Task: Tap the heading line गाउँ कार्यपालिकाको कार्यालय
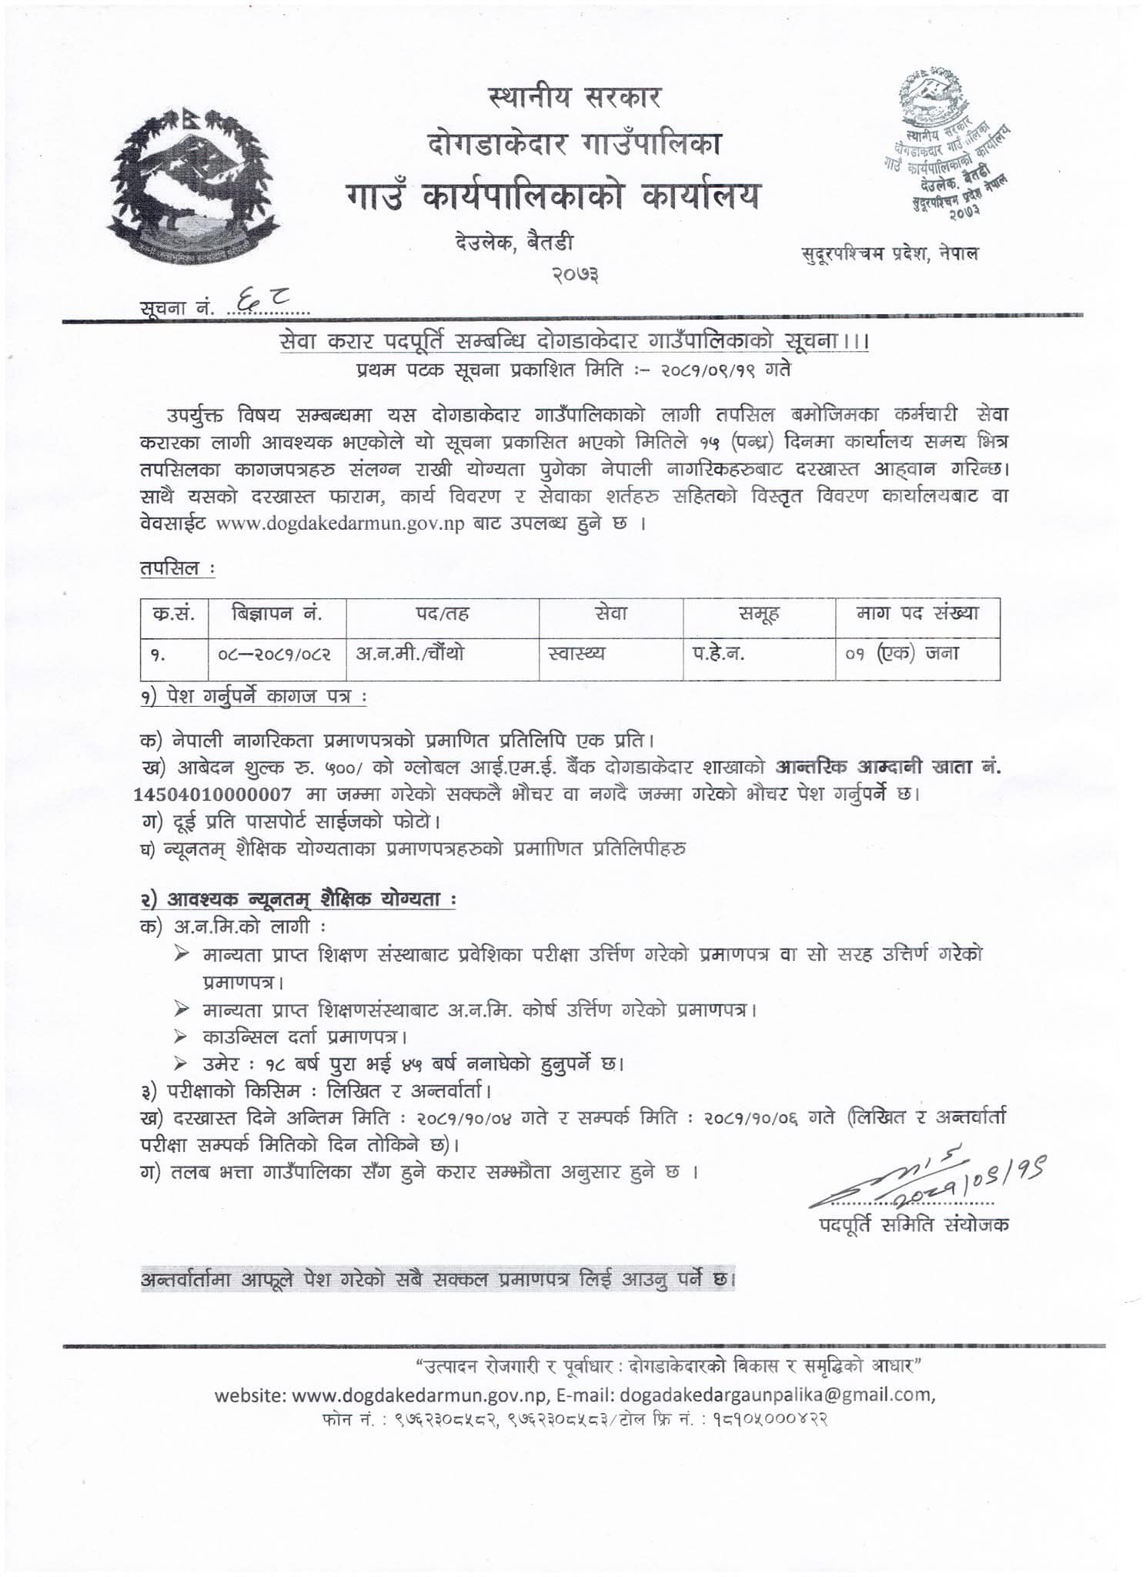click(551, 196)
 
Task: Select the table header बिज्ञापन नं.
click(276, 614)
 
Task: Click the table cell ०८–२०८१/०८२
click(275, 654)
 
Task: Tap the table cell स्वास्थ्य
click(576, 654)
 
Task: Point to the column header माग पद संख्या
click(917, 614)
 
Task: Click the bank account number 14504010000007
click(212, 794)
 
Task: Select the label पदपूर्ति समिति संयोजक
click(914, 1225)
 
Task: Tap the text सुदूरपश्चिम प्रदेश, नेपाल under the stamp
click(889, 253)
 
